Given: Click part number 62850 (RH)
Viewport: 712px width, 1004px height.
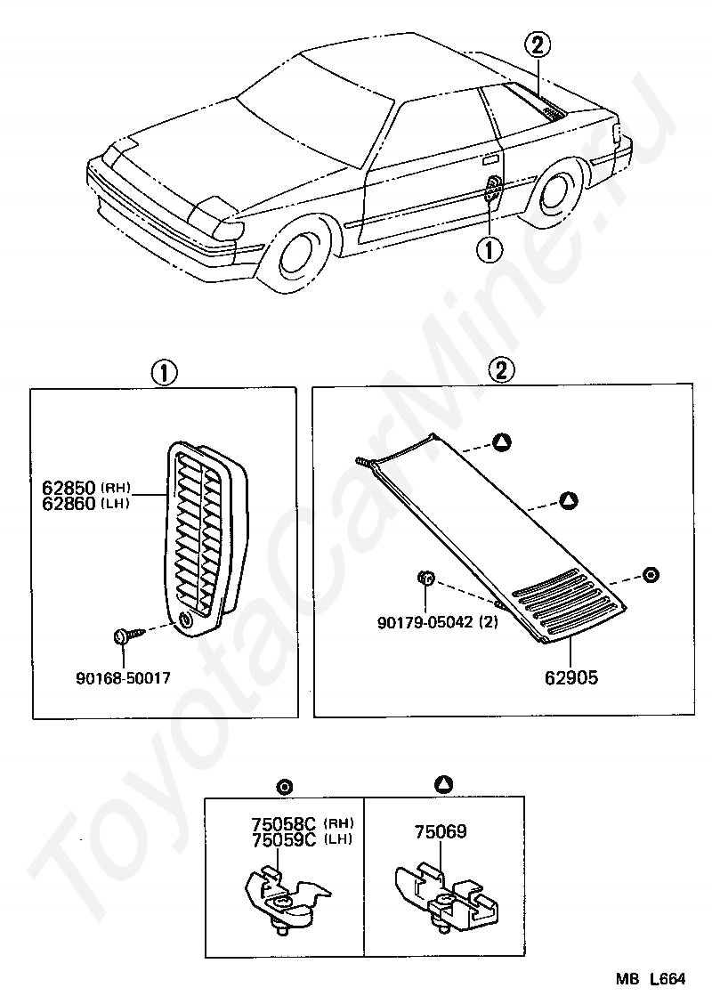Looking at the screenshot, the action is (69, 488).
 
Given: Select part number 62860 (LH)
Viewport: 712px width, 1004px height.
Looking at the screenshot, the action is (69, 503).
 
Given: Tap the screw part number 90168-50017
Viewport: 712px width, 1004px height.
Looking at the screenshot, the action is (123, 677).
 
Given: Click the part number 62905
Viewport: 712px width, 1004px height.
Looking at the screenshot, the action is (571, 677).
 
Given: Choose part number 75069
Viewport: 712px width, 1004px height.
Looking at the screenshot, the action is (440, 832).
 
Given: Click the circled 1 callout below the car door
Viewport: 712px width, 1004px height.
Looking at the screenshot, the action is (489, 250).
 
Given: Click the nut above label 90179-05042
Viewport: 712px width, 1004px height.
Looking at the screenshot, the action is (425, 579).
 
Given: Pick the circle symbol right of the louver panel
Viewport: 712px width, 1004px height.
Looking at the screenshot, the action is (651, 574).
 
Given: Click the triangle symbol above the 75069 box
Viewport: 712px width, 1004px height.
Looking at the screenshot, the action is (443, 784).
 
